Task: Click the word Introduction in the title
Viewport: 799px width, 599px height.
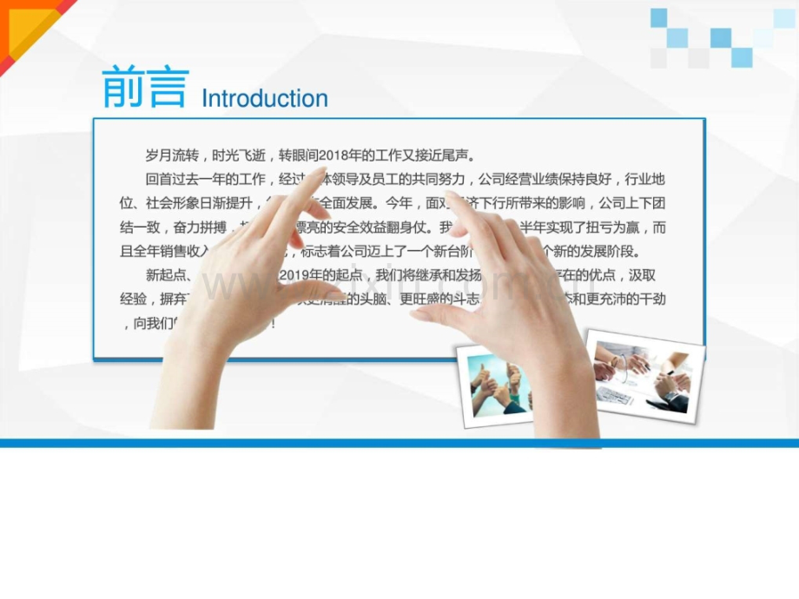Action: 265,99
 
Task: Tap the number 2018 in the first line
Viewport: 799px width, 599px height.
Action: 333,156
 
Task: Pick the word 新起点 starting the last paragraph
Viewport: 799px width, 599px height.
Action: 163,276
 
